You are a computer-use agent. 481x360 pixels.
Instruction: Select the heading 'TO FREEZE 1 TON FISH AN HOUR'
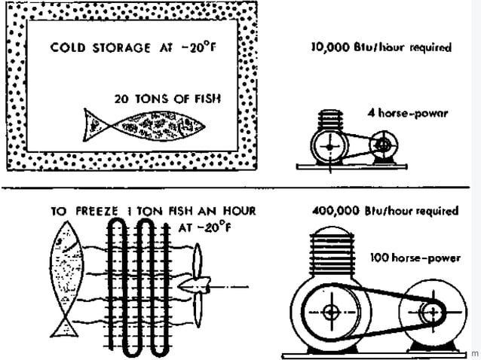(153, 212)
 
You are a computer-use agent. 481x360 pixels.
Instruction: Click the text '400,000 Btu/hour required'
(384, 211)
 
